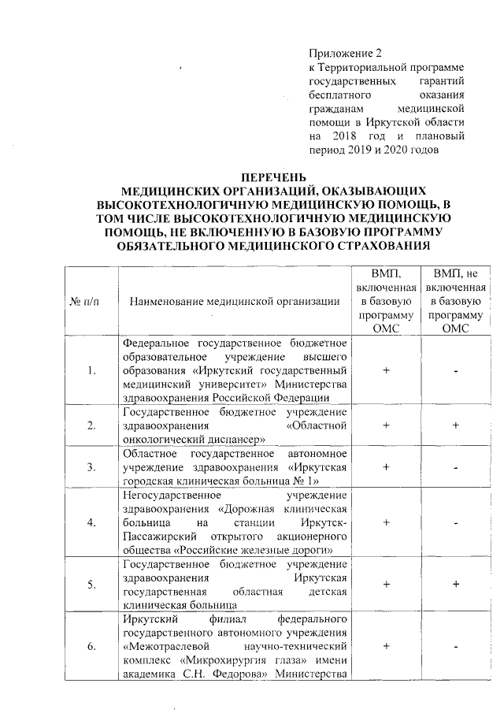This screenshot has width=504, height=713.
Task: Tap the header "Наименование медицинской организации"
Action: (235, 301)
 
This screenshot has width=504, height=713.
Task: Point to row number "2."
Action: (93, 426)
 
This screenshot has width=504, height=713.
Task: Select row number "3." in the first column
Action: (93, 467)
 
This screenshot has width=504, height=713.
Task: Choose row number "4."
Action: (93, 522)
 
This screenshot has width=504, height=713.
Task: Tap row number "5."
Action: (93, 584)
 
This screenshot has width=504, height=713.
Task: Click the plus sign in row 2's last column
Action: (456, 426)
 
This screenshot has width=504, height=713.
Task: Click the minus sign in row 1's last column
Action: (456, 372)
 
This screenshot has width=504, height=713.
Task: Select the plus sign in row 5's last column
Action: (456, 584)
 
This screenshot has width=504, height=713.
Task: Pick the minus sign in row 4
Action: (456, 522)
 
